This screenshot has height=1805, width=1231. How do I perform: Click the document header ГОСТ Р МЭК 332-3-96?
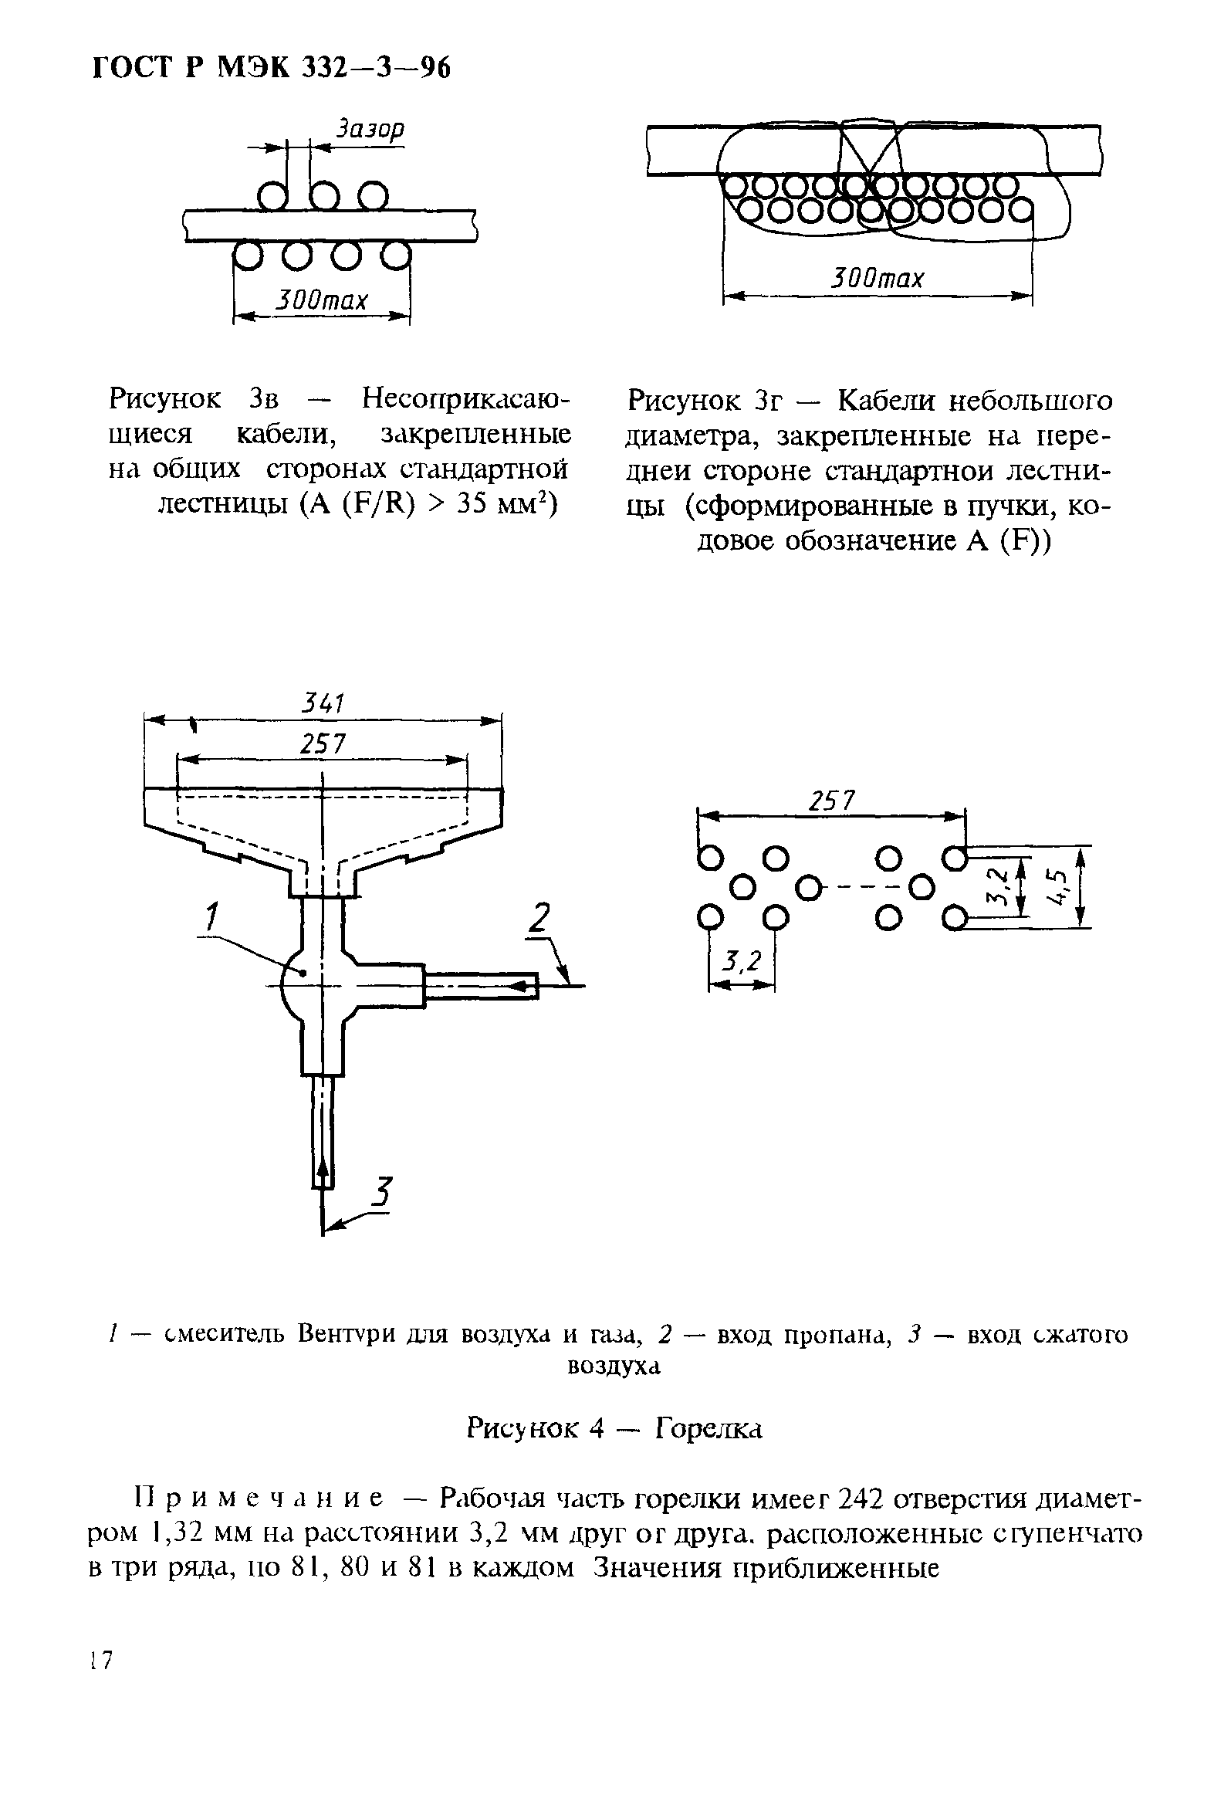point(271,69)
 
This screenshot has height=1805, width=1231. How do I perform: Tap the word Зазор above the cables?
point(370,129)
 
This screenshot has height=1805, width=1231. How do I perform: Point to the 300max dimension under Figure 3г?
point(878,278)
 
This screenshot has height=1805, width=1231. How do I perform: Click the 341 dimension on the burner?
point(323,703)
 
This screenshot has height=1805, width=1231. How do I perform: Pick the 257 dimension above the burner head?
point(323,744)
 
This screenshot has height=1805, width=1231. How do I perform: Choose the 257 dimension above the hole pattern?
point(832,801)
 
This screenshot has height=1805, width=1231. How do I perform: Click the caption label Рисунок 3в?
point(194,401)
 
